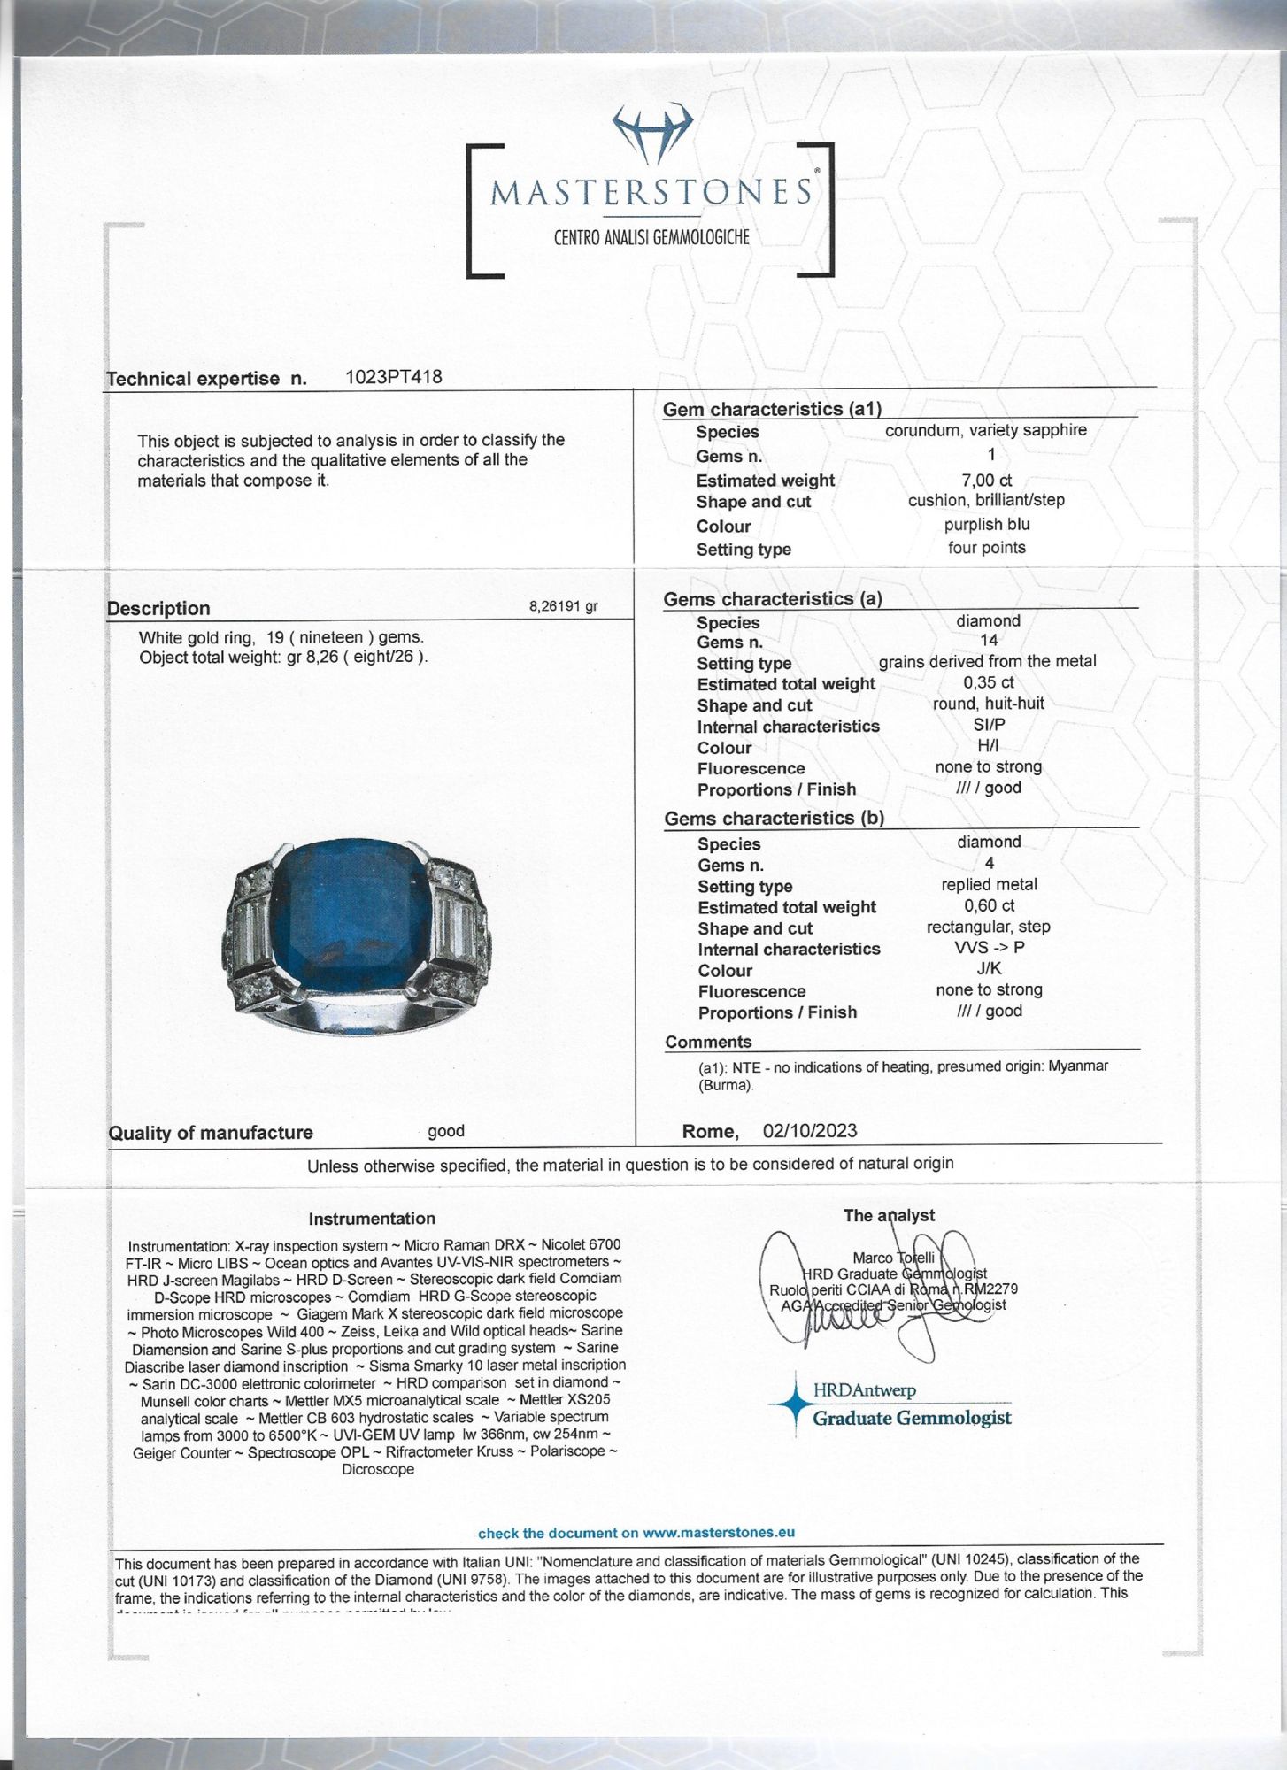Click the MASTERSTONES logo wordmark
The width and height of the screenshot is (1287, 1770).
pyautogui.click(x=651, y=192)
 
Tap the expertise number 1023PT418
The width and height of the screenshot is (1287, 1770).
pyautogui.click(x=393, y=377)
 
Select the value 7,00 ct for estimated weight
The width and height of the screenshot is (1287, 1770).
pyautogui.click(x=986, y=481)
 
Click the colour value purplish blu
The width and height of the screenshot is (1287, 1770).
pyautogui.click(x=986, y=525)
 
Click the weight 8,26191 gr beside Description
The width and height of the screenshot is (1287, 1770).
pyautogui.click(x=563, y=606)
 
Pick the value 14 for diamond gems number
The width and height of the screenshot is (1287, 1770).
pyautogui.click(x=989, y=640)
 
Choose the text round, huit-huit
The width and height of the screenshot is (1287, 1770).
pyautogui.click(x=988, y=704)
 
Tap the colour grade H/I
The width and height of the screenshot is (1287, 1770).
pyautogui.click(x=988, y=746)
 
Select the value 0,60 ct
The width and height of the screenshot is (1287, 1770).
pyautogui.click(x=989, y=905)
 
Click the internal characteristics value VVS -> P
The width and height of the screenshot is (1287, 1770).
pyautogui.click(x=989, y=947)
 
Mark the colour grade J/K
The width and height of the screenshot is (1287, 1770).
pyautogui.click(x=989, y=968)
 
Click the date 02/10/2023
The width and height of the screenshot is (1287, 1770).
pyautogui.click(x=809, y=1131)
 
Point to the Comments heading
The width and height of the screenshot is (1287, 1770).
pyautogui.click(x=708, y=1042)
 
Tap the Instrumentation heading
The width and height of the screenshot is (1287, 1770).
pyautogui.click(x=372, y=1219)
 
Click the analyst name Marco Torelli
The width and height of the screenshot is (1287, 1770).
pyautogui.click(x=893, y=1258)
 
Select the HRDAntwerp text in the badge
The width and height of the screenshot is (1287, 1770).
pyautogui.click(x=864, y=1390)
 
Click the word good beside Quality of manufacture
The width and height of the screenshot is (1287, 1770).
pyautogui.click(x=446, y=1131)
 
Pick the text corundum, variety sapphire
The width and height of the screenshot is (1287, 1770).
pyautogui.click(x=985, y=430)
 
